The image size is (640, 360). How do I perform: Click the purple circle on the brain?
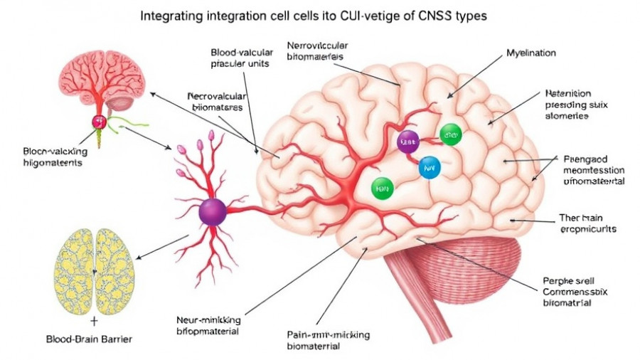tap(408, 141)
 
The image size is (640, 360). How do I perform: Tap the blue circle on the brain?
tap(430, 166)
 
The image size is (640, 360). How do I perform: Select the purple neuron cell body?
tap(213, 211)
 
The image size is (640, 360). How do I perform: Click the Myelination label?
tap(530, 53)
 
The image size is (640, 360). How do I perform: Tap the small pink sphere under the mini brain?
tap(98, 121)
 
